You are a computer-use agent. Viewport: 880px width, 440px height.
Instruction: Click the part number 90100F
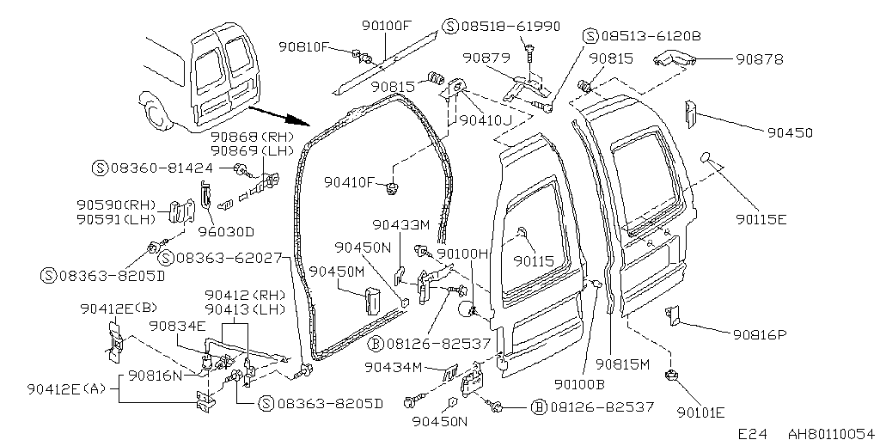click(387, 25)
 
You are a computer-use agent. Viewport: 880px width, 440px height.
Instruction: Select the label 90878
click(760, 59)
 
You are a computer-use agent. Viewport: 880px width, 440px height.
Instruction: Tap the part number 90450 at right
click(791, 132)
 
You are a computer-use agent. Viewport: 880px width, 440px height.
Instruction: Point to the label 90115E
click(761, 219)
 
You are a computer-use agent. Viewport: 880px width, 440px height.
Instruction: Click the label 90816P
click(760, 334)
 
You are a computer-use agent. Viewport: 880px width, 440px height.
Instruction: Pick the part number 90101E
click(701, 413)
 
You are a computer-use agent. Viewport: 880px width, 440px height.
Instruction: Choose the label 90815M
click(622, 364)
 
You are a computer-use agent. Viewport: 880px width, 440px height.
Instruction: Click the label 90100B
click(579, 384)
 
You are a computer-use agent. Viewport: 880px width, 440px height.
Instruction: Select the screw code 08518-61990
click(510, 27)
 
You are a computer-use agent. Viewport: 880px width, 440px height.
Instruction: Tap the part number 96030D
click(227, 231)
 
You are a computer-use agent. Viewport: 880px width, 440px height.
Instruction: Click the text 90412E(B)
click(119, 309)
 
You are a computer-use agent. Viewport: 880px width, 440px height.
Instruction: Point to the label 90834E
click(177, 326)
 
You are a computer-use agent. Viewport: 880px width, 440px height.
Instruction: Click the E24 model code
click(752, 433)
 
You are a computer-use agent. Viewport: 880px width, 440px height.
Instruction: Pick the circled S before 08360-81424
click(100, 168)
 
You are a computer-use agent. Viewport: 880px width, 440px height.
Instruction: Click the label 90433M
click(401, 224)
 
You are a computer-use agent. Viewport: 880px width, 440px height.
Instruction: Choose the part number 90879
click(486, 58)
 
